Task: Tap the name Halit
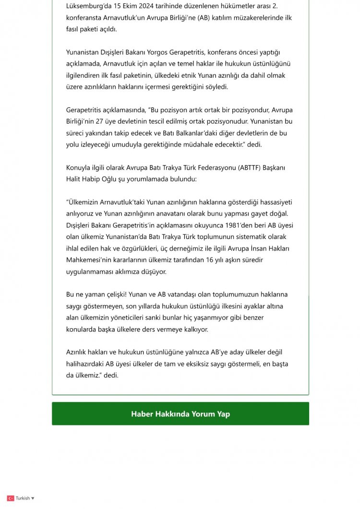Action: pyautogui.click(x=74, y=178)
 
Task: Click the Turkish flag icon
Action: pyautogui.click(x=11, y=498)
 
